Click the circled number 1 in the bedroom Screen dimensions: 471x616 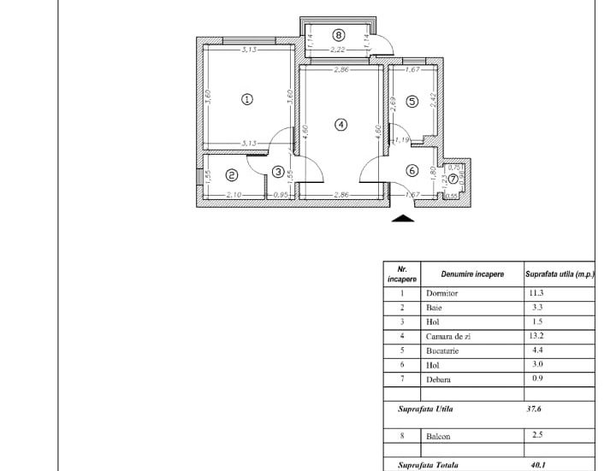tap(247, 99)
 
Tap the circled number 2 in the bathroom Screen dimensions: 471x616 tap(231, 174)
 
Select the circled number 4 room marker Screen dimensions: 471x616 tap(341, 125)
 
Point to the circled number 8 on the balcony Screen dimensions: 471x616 tap(339, 35)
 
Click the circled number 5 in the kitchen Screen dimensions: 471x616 tap(412, 101)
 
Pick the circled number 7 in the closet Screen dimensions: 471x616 tap(453, 179)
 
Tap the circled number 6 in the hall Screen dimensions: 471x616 tap(412, 171)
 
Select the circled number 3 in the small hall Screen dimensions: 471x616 tap(278, 172)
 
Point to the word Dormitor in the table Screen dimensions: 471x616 tap(441, 293)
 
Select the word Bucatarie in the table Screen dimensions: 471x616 tap(443, 351)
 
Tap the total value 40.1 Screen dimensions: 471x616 tap(538, 466)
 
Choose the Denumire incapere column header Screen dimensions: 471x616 tap(467, 274)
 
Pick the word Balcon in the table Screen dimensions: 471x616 tap(438, 437)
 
